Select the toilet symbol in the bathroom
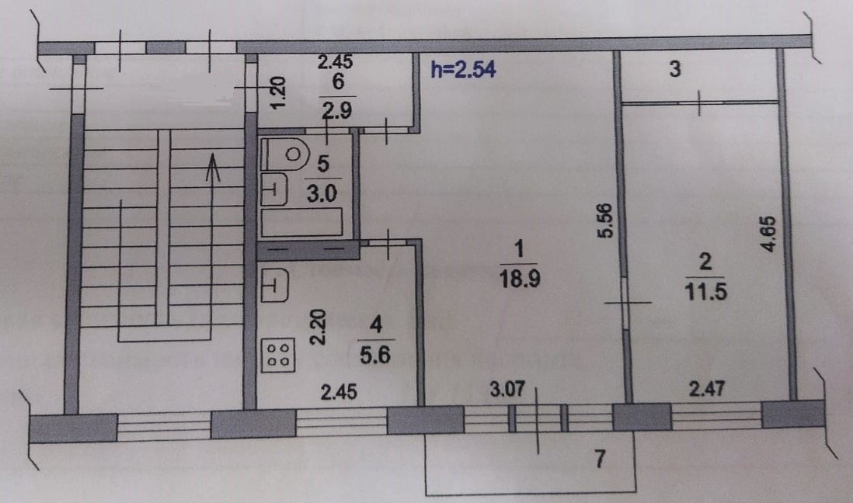(284, 154)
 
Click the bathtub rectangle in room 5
(305, 223)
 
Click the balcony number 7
(598, 459)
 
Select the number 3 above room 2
(675, 70)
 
